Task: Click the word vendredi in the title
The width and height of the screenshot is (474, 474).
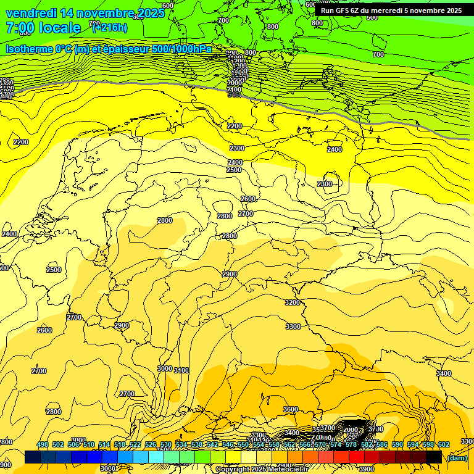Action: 31,13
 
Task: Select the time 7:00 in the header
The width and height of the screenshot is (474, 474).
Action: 20,28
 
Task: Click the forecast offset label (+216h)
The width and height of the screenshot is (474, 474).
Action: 110,27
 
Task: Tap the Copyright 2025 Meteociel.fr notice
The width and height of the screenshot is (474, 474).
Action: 261,470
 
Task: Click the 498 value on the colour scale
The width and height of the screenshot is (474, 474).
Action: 43,445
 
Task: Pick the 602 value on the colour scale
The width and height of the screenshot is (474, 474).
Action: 444,445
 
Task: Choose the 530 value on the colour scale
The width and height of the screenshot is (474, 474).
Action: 166,445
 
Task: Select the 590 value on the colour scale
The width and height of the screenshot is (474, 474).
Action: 397,445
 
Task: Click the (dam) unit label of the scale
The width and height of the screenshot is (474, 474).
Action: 457,457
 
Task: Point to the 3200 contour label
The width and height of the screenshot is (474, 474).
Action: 293,303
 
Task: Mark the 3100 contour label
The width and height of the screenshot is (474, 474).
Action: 181,370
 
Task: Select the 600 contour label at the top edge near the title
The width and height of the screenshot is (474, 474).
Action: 167,6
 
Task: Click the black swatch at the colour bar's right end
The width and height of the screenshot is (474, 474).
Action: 434,457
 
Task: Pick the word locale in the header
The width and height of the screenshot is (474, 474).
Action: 60,28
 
